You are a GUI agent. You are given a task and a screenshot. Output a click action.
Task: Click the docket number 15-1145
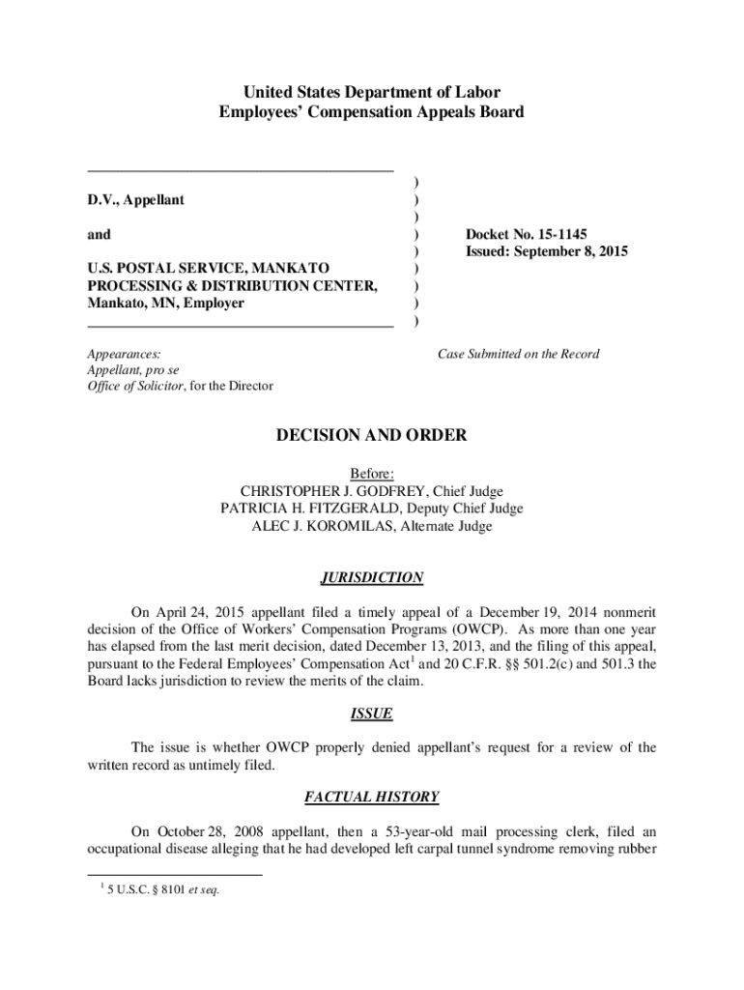click(553, 235)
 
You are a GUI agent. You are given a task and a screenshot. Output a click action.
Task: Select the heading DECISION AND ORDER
click(372, 436)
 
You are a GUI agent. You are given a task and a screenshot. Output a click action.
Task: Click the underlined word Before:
click(372, 474)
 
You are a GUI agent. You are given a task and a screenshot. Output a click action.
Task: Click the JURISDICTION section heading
click(372, 578)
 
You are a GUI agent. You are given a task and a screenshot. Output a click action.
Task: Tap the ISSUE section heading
click(372, 713)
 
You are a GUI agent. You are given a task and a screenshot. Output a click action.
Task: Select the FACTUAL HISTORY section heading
click(372, 798)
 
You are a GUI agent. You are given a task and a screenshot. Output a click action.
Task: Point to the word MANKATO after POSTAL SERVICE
click(289, 268)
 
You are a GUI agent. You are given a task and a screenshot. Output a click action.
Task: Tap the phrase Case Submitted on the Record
click(518, 354)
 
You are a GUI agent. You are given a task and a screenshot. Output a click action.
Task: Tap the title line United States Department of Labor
click(372, 93)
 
